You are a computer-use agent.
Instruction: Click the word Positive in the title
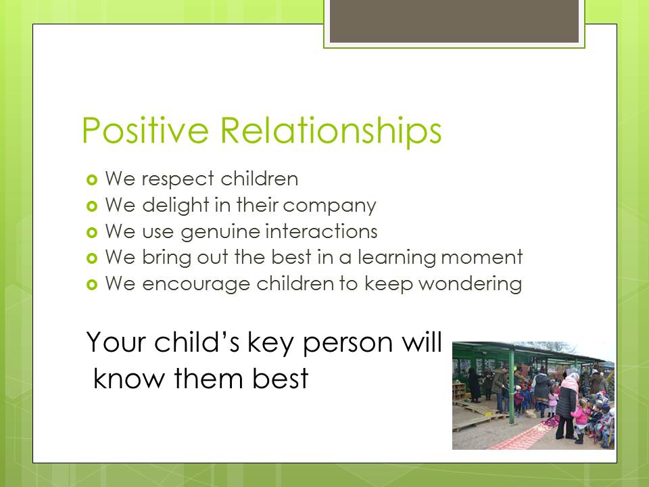pos(145,130)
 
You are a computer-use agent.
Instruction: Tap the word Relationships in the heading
pos(331,131)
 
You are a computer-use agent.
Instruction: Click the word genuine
pos(220,232)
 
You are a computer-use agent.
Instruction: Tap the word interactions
pos(321,231)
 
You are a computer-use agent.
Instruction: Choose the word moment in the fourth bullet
pos(482,258)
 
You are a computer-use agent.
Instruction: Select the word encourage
pos(196,285)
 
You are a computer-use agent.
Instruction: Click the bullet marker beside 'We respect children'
pos(92,180)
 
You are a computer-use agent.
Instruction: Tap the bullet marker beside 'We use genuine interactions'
pos(92,232)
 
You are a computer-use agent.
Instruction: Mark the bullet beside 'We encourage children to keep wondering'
pos(92,285)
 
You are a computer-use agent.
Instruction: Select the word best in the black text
pos(280,378)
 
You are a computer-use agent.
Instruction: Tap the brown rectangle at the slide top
pos(454,21)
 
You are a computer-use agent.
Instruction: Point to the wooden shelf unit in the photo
pos(459,392)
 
